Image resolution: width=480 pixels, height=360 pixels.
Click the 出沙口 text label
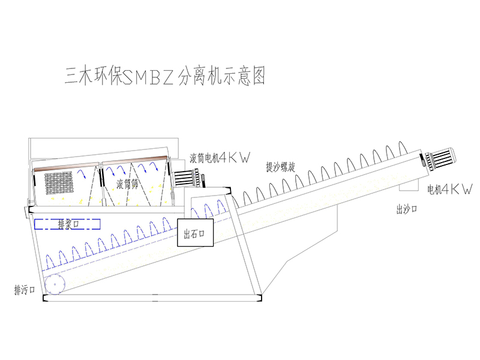(x=406, y=209)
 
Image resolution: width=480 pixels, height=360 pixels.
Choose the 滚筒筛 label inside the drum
(x=128, y=184)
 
